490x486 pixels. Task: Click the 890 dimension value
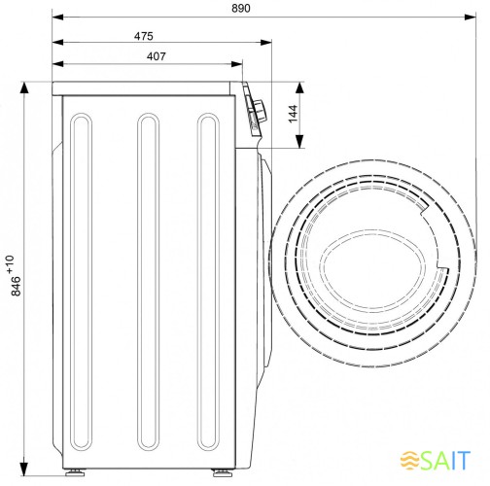241,9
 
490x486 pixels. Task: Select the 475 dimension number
144,36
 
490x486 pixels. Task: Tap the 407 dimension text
157,56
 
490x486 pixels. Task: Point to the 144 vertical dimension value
293,114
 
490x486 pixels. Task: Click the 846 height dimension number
16,286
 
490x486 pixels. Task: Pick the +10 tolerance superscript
10,264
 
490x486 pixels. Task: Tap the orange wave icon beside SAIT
410,460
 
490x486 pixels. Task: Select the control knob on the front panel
261,111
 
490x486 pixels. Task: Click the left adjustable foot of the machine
75,472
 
